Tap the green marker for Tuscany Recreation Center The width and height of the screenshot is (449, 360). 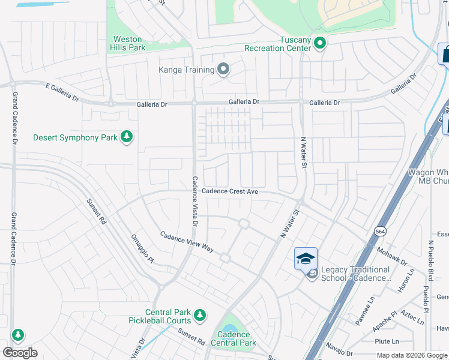click(320, 43)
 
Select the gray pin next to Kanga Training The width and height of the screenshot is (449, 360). click(223, 70)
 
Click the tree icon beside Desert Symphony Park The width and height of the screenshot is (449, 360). click(126, 137)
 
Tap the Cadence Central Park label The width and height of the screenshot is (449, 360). click(237, 339)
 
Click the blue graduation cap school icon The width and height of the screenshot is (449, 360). click(306, 259)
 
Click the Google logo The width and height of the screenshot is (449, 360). click(20, 353)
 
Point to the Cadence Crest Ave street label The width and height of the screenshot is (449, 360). click(229, 191)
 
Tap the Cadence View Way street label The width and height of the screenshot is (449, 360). click(187, 241)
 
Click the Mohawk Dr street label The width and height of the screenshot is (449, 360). click(392, 256)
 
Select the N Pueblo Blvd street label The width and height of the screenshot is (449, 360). click(430, 261)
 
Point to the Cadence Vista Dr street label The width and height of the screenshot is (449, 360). click(194, 201)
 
